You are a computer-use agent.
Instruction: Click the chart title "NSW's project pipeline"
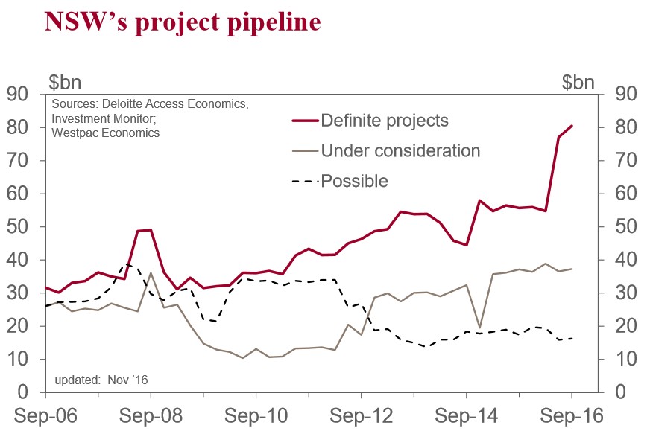[183, 22]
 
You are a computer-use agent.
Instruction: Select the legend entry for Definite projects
[384, 120]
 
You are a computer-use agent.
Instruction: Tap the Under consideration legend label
[400, 150]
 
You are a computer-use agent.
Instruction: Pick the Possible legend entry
[354, 180]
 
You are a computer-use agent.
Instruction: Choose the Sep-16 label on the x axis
[572, 415]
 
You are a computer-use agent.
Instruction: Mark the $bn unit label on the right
[578, 82]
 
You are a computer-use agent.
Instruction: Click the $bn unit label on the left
[66, 82]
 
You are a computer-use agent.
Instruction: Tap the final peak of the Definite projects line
[572, 126]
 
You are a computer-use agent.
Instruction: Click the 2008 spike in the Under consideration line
[151, 272]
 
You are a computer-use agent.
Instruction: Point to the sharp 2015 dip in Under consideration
[480, 328]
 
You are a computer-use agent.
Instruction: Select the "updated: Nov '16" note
[101, 380]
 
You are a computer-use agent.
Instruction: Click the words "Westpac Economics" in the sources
[106, 133]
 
